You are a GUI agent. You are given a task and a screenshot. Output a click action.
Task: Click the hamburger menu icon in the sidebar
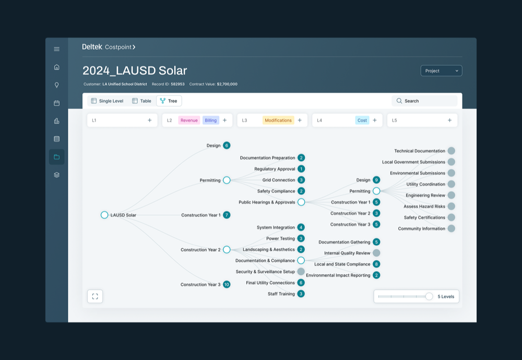click(x=56, y=49)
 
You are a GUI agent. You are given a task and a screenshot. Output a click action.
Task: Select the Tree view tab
click(x=169, y=101)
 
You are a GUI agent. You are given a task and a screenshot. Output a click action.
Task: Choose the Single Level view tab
click(x=107, y=101)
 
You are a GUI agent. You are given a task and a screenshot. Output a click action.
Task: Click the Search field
click(x=424, y=101)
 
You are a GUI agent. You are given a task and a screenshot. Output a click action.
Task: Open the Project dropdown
click(x=441, y=71)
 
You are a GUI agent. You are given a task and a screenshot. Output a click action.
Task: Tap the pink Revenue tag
click(x=189, y=120)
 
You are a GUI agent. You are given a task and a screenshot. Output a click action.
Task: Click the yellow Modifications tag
click(x=278, y=120)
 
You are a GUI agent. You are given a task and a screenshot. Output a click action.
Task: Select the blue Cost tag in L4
click(x=362, y=120)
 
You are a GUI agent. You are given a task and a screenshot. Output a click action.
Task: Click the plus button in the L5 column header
click(x=449, y=120)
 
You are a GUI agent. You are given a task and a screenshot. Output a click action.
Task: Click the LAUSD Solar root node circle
click(x=104, y=215)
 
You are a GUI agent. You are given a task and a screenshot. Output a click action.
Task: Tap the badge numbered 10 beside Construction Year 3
click(x=227, y=284)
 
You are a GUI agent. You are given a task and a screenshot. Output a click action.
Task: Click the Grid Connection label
click(x=279, y=180)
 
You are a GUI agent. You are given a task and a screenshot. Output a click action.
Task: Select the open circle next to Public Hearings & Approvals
click(x=301, y=202)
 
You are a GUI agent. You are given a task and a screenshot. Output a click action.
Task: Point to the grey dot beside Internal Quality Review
click(x=376, y=253)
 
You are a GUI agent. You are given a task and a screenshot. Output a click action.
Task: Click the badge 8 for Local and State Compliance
click(x=376, y=264)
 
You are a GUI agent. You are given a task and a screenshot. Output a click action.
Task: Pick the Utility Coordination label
click(x=425, y=184)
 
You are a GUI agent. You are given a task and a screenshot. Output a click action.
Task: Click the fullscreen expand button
click(x=95, y=296)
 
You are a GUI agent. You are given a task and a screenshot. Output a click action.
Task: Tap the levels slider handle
click(x=429, y=296)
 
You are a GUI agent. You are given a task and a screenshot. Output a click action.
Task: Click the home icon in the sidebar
click(x=56, y=67)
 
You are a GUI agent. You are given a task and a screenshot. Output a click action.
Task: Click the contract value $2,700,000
click(x=227, y=84)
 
